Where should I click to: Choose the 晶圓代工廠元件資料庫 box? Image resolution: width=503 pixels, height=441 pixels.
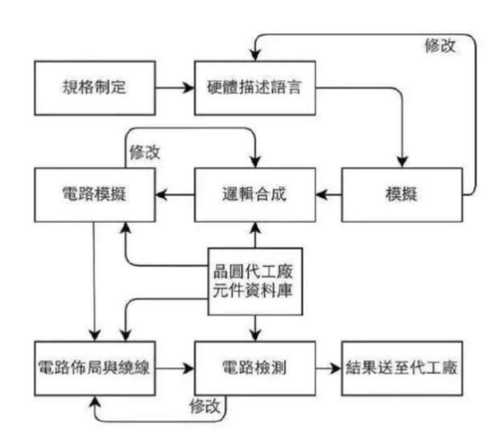pyautogui.click(x=255, y=281)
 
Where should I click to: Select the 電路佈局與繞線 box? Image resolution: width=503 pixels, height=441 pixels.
pyautogui.click(x=95, y=369)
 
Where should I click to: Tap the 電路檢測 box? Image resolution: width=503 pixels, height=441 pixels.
pyautogui.click(x=255, y=369)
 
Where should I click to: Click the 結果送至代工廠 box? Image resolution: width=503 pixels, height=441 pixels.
pyautogui.click(x=402, y=369)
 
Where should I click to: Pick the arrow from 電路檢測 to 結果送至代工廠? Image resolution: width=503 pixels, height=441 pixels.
pyautogui.click(x=328, y=369)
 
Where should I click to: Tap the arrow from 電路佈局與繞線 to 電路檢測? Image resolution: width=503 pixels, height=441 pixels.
pyautogui.click(x=175, y=369)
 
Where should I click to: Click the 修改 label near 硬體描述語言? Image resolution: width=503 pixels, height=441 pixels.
pyautogui.click(x=440, y=47)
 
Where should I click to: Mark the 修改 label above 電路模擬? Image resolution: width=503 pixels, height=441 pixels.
pyautogui.click(x=144, y=152)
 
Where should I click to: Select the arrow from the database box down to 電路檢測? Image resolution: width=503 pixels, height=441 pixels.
pyautogui.click(x=255, y=328)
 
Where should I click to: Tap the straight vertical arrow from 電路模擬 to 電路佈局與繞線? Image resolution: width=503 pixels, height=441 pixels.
pyautogui.click(x=94, y=280)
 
